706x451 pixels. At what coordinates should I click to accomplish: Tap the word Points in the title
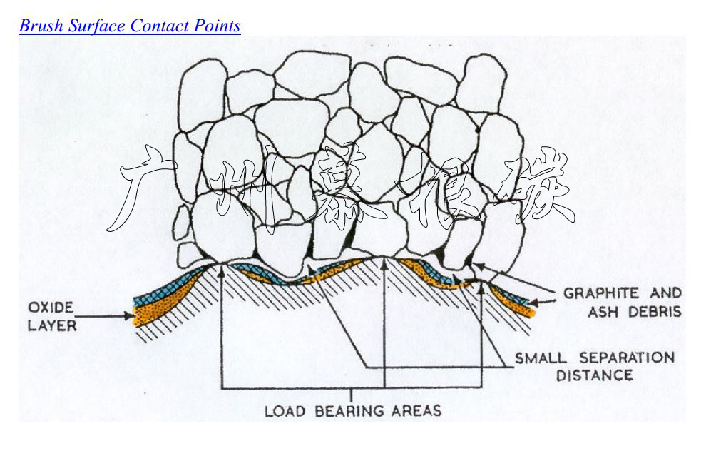[217, 26]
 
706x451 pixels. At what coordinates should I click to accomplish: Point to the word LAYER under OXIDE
[52, 327]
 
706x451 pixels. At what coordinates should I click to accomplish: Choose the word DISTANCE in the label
[594, 375]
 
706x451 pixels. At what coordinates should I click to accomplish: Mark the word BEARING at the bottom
[343, 411]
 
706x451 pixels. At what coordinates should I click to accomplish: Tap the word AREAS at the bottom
[416, 411]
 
